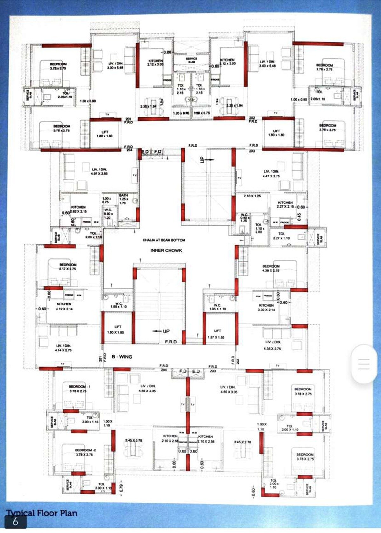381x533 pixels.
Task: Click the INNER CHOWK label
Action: point(166,250)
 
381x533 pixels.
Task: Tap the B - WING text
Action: point(122,357)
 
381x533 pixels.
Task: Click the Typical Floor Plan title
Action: point(42,513)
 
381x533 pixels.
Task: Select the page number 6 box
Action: point(15,522)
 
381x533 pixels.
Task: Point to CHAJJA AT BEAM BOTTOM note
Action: point(164,240)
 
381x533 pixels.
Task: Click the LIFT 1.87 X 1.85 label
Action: point(216,334)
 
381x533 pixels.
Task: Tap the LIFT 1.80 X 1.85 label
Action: point(116,330)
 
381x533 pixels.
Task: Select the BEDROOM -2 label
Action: point(85,452)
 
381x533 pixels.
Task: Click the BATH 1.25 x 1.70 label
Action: point(124,199)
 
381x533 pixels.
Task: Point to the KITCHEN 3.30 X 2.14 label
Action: point(267,307)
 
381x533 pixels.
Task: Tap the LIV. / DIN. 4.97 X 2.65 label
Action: point(99,171)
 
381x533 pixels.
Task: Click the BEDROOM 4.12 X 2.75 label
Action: point(68,267)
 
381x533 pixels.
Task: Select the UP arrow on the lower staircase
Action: point(161,331)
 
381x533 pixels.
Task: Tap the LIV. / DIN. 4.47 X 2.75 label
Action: point(271,173)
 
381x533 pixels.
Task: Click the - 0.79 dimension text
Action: point(121,488)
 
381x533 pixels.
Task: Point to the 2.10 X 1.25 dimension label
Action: point(252,196)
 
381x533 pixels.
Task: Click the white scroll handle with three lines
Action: point(364,363)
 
